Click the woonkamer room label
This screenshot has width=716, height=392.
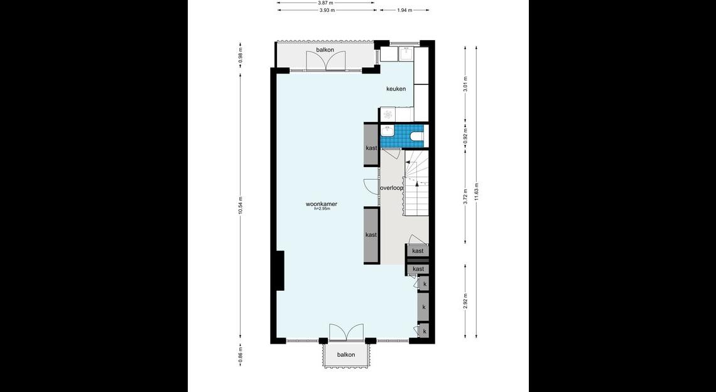[322, 204]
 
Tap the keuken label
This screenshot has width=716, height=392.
[396, 89]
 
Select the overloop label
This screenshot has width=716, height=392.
[392, 188]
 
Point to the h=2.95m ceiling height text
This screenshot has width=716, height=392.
[322, 209]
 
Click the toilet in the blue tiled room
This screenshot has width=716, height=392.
[418, 136]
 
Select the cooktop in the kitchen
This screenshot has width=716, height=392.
[388, 114]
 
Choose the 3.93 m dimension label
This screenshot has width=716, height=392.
[327, 10]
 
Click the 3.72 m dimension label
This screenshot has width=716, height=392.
[465, 197]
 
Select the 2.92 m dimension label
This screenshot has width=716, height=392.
[465, 302]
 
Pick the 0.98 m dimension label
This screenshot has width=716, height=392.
[241, 55]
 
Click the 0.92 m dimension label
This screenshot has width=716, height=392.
[465, 136]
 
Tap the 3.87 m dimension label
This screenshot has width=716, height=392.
[325, 3]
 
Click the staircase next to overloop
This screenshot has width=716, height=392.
[416, 182]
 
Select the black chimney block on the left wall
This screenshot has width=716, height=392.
[280, 271]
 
